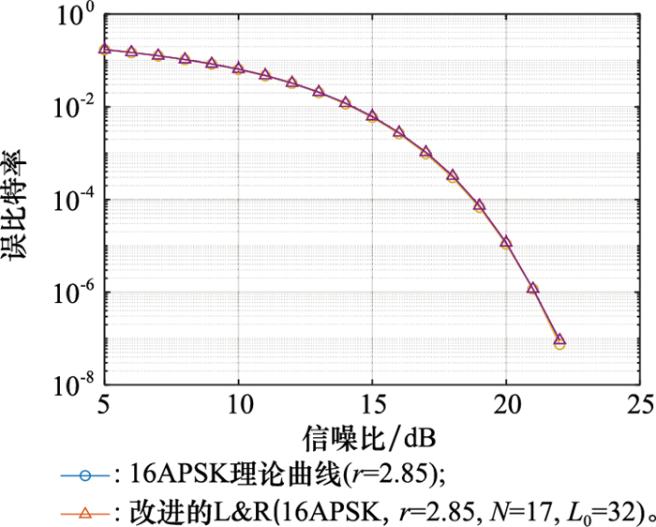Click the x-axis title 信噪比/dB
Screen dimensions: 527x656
pos(372,438)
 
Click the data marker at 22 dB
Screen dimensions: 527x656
pos(559,341)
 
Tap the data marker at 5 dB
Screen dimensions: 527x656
pos(105,49)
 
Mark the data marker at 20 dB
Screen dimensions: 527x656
pos(506,242)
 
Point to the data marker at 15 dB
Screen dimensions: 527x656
pos(372,115)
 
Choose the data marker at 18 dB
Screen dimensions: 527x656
pos(453,175)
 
